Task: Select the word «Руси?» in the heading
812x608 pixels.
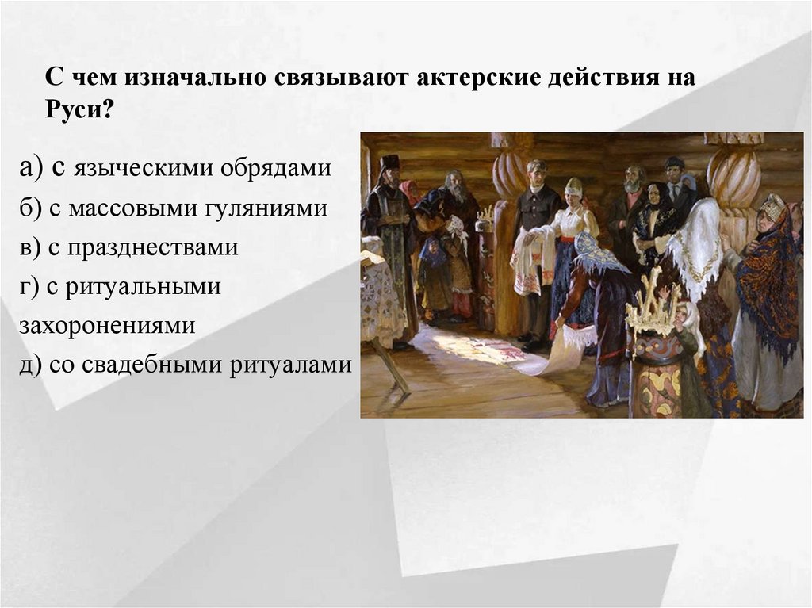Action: tap(79, 109)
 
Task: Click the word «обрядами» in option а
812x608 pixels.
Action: tap(278, 169)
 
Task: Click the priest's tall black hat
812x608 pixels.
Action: tap(389, 163)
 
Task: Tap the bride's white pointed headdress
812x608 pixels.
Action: tap(573, 185)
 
